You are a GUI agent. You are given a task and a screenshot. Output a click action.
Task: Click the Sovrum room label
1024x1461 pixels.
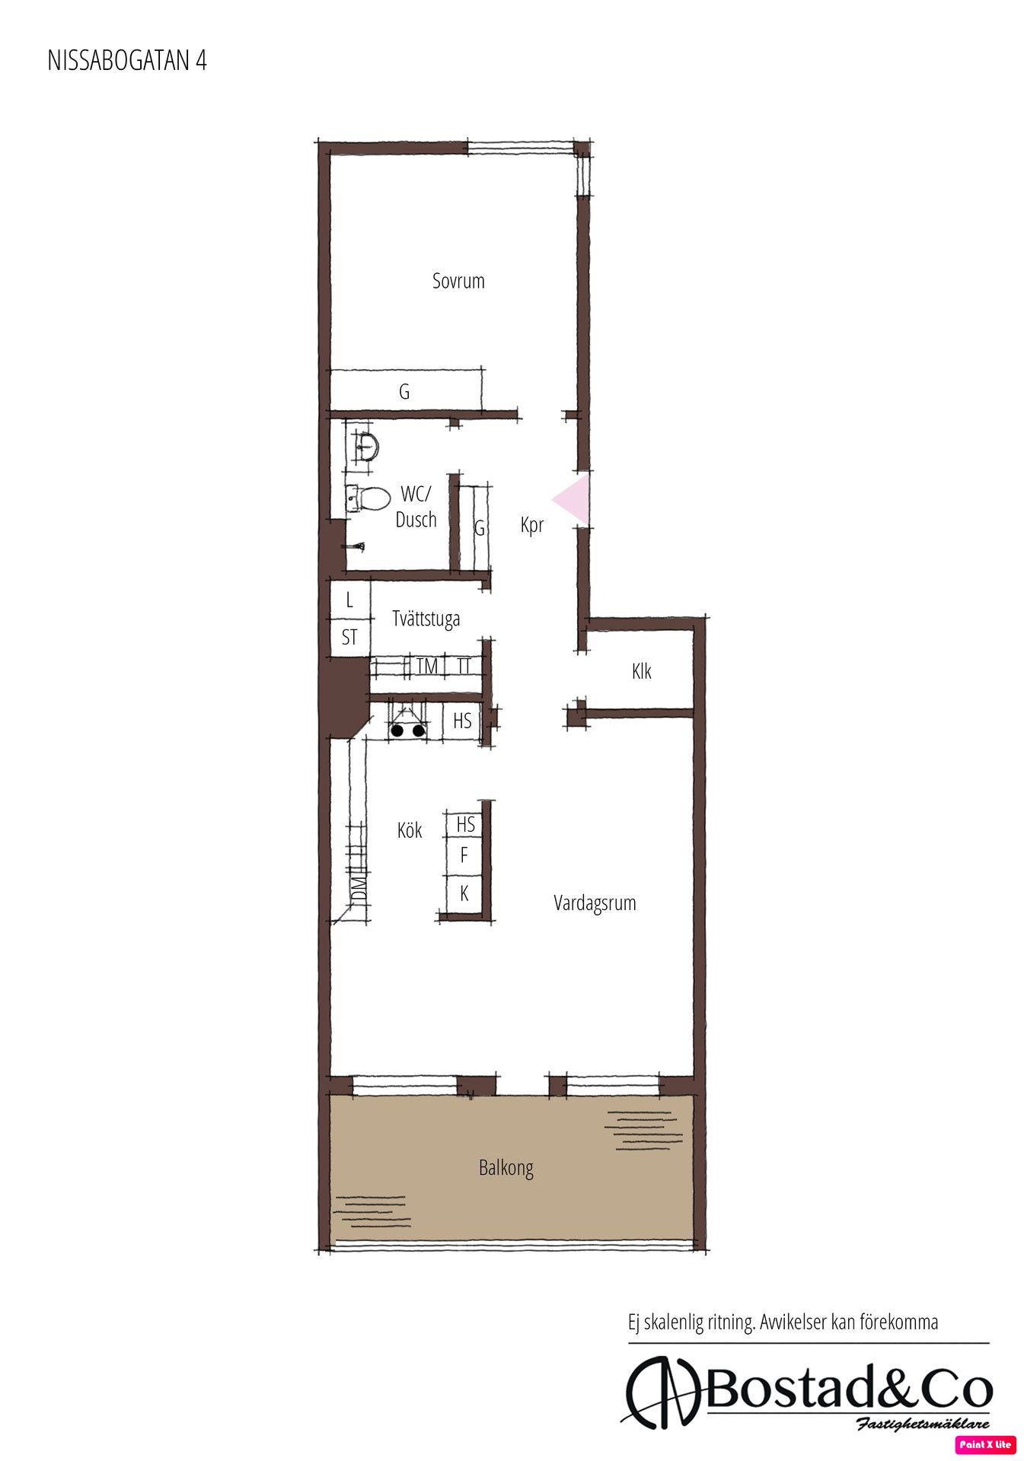click(458, 281)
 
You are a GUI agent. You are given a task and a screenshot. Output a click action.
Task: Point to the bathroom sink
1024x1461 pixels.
click(366, 445)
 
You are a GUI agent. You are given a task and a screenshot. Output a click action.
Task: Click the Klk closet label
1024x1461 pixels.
click(642, 671)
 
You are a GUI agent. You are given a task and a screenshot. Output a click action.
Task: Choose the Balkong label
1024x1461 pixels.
click(506, 1167)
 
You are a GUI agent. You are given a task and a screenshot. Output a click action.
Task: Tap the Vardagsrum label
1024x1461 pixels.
click(595, 903)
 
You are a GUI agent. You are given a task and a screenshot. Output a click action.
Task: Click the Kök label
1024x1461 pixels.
click(410, 829)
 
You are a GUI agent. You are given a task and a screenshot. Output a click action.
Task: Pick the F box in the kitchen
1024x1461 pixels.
click(464, 856)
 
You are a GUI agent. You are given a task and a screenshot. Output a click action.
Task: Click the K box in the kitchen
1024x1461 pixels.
click(464, 893)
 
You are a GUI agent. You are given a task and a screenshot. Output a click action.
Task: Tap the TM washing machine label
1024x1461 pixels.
click(427, 667)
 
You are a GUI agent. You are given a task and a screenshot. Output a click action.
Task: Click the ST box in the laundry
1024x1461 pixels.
click(350, 637)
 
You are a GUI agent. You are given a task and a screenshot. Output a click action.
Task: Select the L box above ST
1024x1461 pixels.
click(350, 600)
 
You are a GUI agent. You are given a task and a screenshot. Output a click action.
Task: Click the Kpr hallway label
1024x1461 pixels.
click(532, 525)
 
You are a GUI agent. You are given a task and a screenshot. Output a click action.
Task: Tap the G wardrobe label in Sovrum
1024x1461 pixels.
click(404, 392)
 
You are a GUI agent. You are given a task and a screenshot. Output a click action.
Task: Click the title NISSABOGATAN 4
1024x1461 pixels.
click(127, 61)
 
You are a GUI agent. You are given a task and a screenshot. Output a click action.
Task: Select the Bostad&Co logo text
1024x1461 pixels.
click(849, 1391)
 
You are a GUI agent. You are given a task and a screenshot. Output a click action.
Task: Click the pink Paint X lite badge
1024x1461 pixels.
click(986, 1444)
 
